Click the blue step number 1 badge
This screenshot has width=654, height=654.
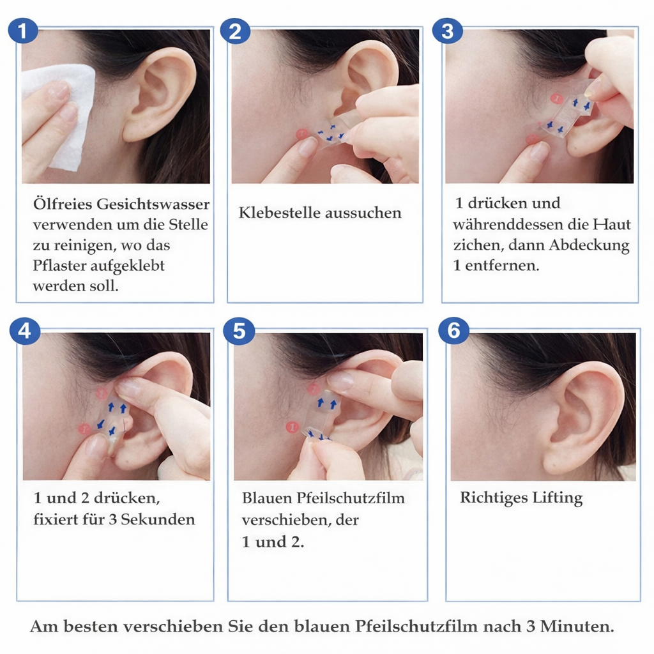[23, 31]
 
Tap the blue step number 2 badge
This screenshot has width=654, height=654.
[235, 31]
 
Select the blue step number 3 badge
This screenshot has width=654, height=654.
[448, 31]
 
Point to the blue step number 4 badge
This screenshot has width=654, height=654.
[25, 331]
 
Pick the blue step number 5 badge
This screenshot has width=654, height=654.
[239, 331]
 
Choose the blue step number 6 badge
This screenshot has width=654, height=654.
[453, 331]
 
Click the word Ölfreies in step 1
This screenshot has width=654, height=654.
[63, 204]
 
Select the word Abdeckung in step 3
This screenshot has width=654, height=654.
[589, 245]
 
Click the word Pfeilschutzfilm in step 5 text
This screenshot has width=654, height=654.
[351, 498]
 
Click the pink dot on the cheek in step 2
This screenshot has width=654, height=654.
[301, 134]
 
